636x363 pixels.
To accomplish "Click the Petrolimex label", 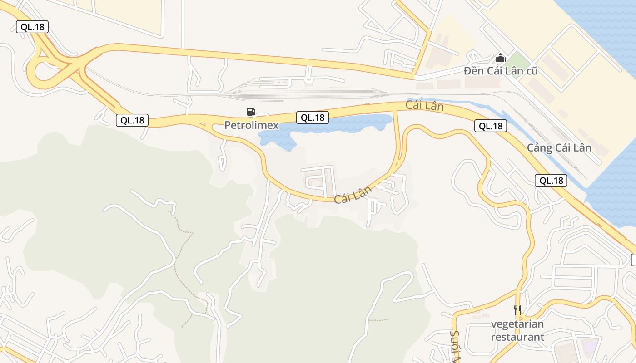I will [x=251, y=125].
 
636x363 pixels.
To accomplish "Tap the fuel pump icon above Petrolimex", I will [x=251, y=111].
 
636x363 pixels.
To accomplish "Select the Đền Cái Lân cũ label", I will [x=501, y=71].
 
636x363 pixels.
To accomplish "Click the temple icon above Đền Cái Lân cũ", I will [x=501, y=58].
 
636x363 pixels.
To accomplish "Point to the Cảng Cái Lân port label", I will [x=559, y=148].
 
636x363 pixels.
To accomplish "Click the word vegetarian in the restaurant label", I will [x=517, y=324].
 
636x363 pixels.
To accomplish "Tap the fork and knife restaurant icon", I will [x=517, y=310].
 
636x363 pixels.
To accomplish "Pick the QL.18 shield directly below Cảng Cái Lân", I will [x=551, y=181].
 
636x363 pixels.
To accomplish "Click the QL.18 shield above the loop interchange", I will [x=32, y=27].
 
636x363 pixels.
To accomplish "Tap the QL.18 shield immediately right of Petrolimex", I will [x=313, y=118].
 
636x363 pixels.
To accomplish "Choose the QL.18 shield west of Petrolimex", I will [x=132, y=120].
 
